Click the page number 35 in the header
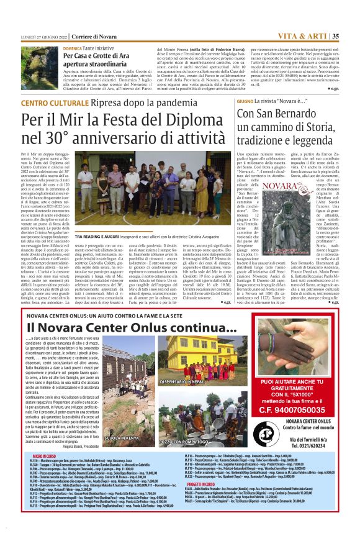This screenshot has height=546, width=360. pos(335,36)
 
